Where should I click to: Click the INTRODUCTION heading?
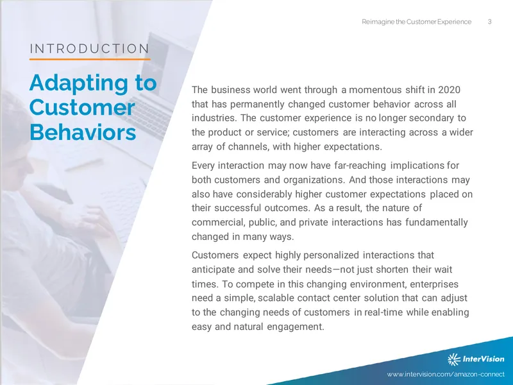coord(89,49)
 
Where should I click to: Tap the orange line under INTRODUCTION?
coord(90,59)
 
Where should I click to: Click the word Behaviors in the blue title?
coord(83,132)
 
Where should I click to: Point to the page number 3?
coord(489,22)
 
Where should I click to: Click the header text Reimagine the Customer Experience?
coord(416,22)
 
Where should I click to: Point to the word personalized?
coord(331,255)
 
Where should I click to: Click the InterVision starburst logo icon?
coord(454,359)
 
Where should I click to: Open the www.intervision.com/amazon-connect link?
coord(446,374)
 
